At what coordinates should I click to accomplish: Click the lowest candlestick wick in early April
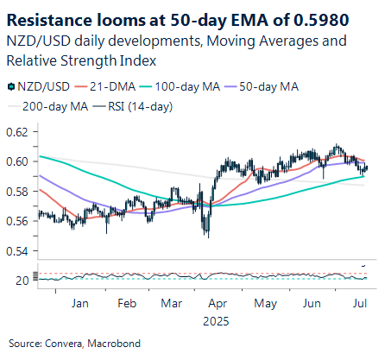[x=207, y=237]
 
